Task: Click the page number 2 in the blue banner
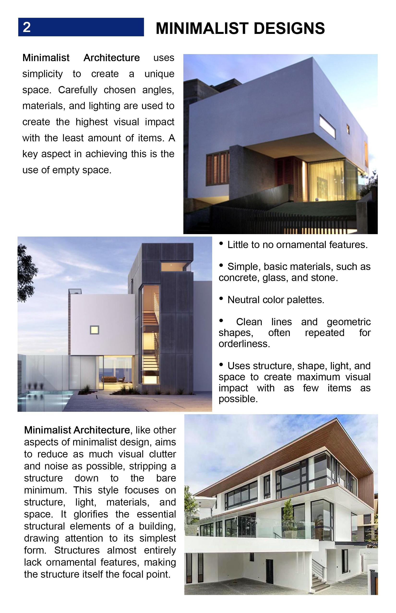point(27,27)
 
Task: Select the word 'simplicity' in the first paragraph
point(42,74)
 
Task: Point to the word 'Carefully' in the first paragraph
point(78,90)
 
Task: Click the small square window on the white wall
point(94,330)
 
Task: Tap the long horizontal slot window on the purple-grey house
point(327,126)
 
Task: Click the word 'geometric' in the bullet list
point(348,322)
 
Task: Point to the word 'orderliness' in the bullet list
point(244,344)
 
